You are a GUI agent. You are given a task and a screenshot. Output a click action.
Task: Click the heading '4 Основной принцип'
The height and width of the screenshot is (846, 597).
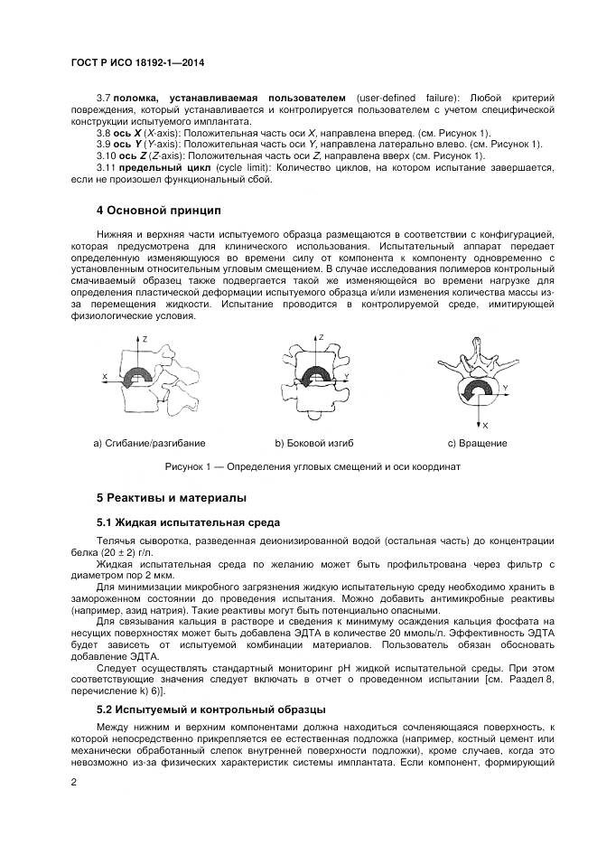(158, 211)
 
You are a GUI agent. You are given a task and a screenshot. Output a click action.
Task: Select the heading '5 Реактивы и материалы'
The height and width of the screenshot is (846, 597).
(171, 498)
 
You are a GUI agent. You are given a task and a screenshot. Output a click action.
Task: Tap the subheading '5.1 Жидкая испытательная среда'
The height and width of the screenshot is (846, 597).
(189, 522)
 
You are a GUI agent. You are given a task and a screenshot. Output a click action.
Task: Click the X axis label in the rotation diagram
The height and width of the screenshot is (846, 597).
(485, 424)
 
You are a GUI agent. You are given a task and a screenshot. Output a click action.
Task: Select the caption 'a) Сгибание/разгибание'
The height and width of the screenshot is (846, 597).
(149, 443)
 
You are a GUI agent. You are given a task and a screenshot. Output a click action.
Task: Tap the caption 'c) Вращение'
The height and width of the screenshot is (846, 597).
(477, 443)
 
